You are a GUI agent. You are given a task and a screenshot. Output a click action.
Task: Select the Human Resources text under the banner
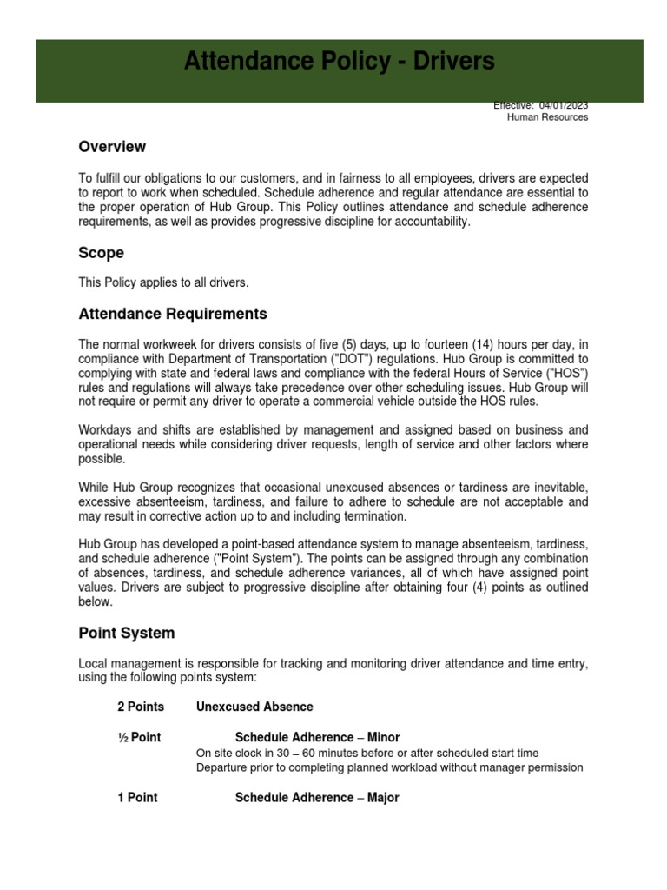[547, 117]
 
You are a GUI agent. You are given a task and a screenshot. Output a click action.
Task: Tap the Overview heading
[112, 147]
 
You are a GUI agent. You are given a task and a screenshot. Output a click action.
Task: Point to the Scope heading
[101, 253]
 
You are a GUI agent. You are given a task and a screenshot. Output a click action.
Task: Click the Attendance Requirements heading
[173, 314]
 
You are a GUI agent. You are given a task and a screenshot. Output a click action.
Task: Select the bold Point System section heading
[126, 634]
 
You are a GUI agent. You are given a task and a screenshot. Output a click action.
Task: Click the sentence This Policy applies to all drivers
[164, 283]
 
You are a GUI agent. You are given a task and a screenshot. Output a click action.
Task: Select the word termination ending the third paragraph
[375, 515]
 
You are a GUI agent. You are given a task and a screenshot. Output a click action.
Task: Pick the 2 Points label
[141, 707]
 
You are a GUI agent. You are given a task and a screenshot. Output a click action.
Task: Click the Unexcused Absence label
[254, 707]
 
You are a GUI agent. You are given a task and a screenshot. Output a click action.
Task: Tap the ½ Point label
[140, 737]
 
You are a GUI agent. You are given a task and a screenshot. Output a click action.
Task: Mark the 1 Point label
[138, 797]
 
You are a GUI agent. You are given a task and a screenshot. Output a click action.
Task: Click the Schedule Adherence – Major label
[317, 797]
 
